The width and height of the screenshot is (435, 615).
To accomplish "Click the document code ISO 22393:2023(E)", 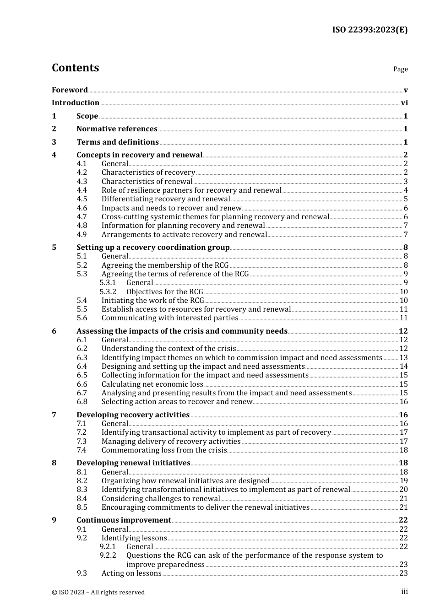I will point(370,30).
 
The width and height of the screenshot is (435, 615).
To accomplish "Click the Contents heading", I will point(75,68).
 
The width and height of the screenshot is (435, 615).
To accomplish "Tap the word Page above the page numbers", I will point(400,69).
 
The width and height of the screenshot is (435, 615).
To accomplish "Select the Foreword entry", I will point(70,90).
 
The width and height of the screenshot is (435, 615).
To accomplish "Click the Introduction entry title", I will point(76,103).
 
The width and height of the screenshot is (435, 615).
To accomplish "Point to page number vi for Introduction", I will point(404,103).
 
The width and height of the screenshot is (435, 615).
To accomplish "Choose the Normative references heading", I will point(117,129).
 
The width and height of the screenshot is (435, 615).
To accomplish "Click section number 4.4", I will point(82,190).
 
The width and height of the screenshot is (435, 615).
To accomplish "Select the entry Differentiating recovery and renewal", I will point(165,199).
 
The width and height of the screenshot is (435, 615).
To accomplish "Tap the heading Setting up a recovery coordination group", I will point(153,248).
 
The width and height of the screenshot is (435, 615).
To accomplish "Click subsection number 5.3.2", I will point(108,292).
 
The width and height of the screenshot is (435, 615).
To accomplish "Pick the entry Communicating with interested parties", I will point(169,318).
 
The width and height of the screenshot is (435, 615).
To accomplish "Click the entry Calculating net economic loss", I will point(152,384).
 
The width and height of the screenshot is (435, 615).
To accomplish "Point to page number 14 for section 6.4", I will point(403,367).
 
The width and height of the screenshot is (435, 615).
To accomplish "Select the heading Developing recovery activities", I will point(133,415).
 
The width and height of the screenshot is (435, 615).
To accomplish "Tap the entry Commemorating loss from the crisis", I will point(164,450).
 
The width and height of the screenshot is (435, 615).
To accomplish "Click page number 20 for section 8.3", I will point(403,490).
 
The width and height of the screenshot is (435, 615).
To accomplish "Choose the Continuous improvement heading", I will point(124,520).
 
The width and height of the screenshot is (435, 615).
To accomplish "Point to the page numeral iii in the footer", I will point(404,592).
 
